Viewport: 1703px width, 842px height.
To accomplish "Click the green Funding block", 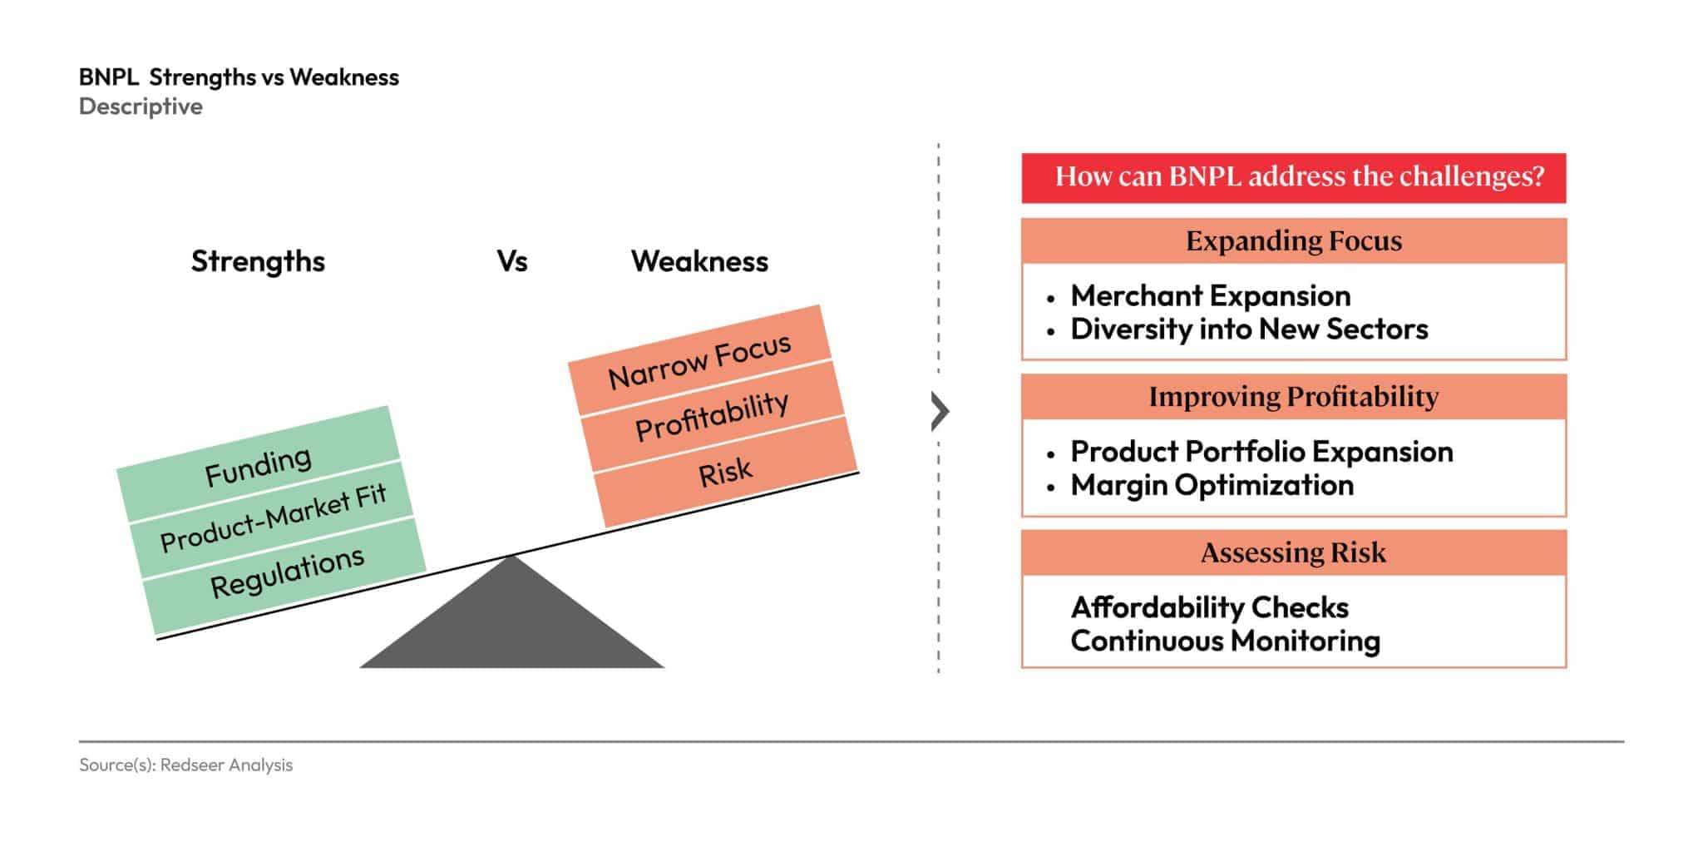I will click(x=258, y=465).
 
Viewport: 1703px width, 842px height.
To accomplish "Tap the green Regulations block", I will click(x=287, y=573).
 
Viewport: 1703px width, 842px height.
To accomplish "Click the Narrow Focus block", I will click(x=699, y=361).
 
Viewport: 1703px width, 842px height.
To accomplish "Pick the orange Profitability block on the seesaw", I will click(x=712, y=415).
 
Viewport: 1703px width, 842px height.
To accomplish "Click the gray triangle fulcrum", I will click(x=511, y=624).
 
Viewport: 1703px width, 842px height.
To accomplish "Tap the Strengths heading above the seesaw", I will click(x=258, y=261).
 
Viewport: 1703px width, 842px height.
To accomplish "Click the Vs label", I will click(x=512, y=261).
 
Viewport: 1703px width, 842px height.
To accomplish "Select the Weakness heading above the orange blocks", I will click(x=699, y=261).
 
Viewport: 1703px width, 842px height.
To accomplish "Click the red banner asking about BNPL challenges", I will click(x=1293, y=177).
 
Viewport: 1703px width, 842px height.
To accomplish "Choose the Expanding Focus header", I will click(x=1293, y=241).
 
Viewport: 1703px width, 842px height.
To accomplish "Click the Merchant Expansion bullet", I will click(x=1210, y=295).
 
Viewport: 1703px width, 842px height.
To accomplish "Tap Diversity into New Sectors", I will click(x=1249, y=329).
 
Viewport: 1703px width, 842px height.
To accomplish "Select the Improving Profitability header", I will click(x=1293, y=397).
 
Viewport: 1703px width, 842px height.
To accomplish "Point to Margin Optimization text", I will click(x=1212, y=485).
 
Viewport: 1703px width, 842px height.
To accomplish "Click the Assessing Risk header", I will click(x=1293, y=552).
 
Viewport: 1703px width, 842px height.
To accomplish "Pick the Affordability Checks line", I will click(x=1209, y=607).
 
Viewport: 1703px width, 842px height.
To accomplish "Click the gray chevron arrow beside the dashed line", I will click(x=940, y=411).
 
